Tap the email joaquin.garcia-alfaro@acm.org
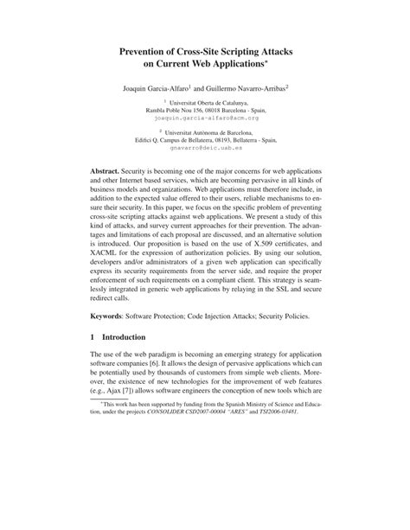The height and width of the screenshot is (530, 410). point(205,118)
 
